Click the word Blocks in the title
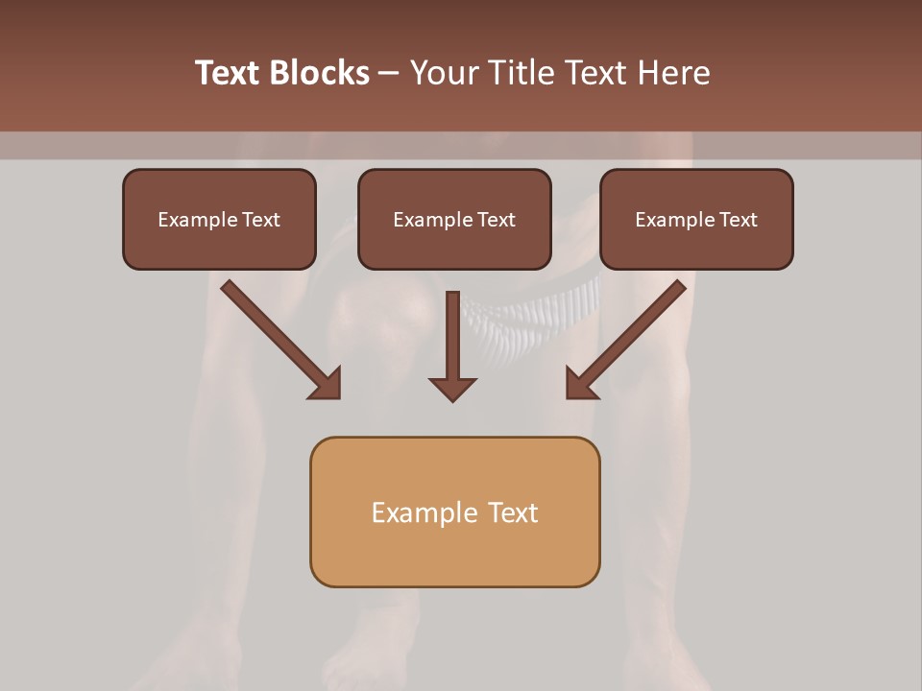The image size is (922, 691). [321, 73]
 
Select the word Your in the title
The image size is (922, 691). [444, 73]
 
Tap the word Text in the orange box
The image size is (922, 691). [513, 512]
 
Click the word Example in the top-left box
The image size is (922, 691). [198, 220]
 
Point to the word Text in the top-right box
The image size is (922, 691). [738, 220]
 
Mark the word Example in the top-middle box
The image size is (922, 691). [433, 220]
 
